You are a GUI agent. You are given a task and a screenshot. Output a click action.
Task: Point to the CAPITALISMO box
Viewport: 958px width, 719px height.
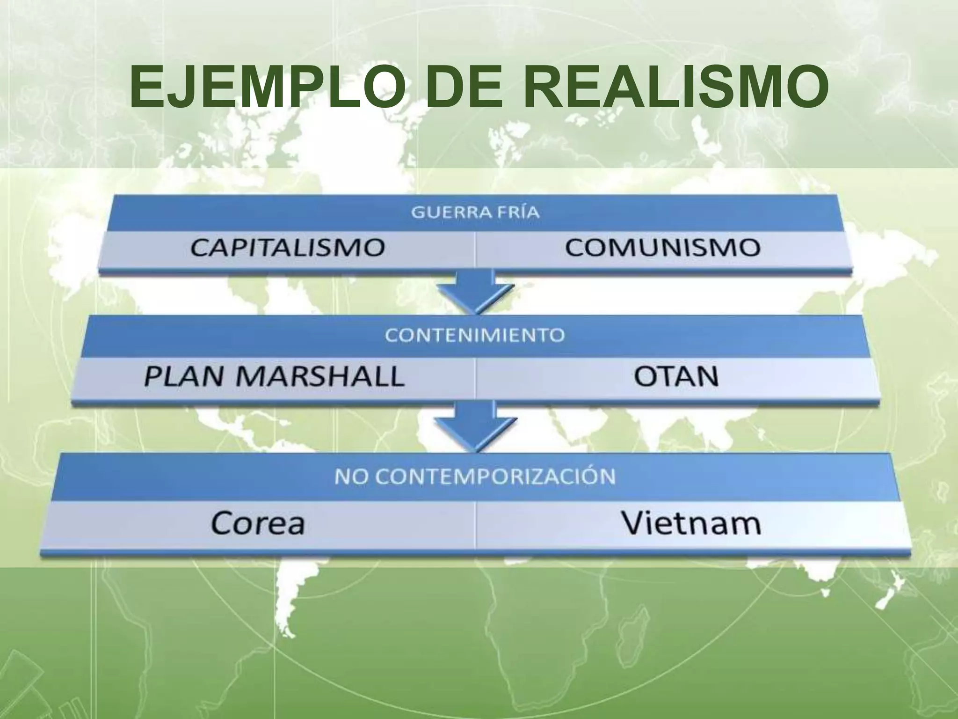point(287,248)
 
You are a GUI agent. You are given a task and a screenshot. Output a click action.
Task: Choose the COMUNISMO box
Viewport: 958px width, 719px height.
point(662,248)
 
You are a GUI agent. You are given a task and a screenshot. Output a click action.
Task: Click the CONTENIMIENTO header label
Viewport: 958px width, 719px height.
point(475,336)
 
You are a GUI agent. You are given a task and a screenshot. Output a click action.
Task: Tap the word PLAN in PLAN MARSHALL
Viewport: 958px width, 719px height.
point(184,376)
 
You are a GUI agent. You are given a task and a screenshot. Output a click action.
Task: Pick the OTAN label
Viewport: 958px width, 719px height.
point(676,376)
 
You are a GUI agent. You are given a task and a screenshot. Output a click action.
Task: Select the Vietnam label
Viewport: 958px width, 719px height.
point(691,523)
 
